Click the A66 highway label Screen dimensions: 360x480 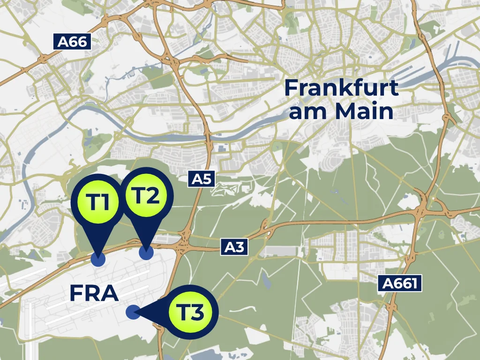click(73, 42)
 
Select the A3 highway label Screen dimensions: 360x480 click(234, 247)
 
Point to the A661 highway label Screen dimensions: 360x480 click(399, 283)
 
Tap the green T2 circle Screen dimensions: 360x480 click(147, 196)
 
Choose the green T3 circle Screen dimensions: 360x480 click(191, 312)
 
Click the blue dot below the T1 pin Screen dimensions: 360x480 click(98, 259)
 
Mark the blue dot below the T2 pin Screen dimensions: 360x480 click(146, 253)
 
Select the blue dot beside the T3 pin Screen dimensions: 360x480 click(133, 311)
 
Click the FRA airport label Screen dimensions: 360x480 click(94, 293)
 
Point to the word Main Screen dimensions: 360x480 click(364, 112)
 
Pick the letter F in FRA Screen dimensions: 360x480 click(77, 293)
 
